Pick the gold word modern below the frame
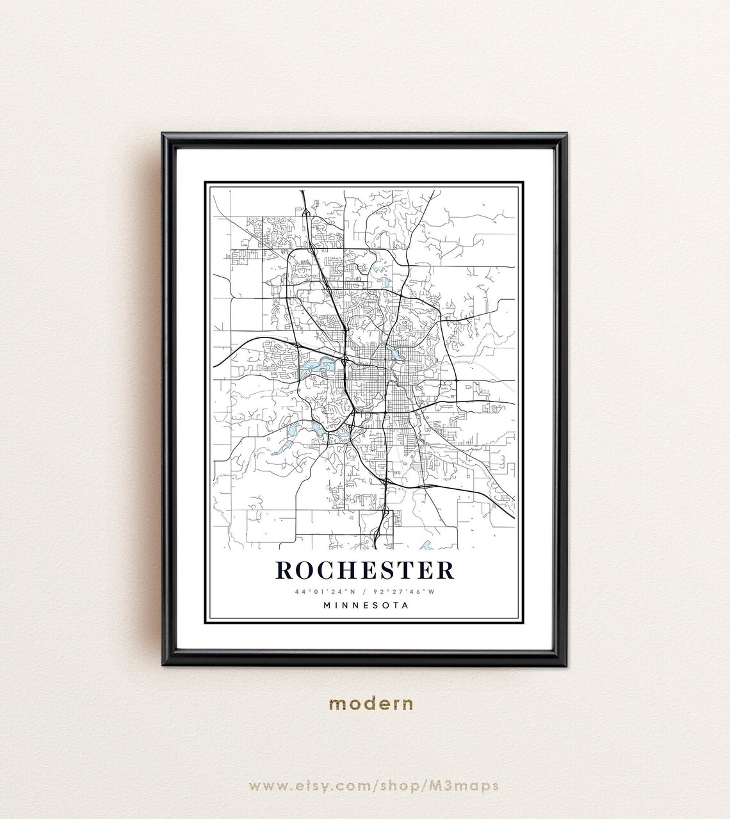(x=371, y=703)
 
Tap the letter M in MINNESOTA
(x=327, y=604)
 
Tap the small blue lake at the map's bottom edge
(x=426, y=546)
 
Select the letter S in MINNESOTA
(x=375, y=604)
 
